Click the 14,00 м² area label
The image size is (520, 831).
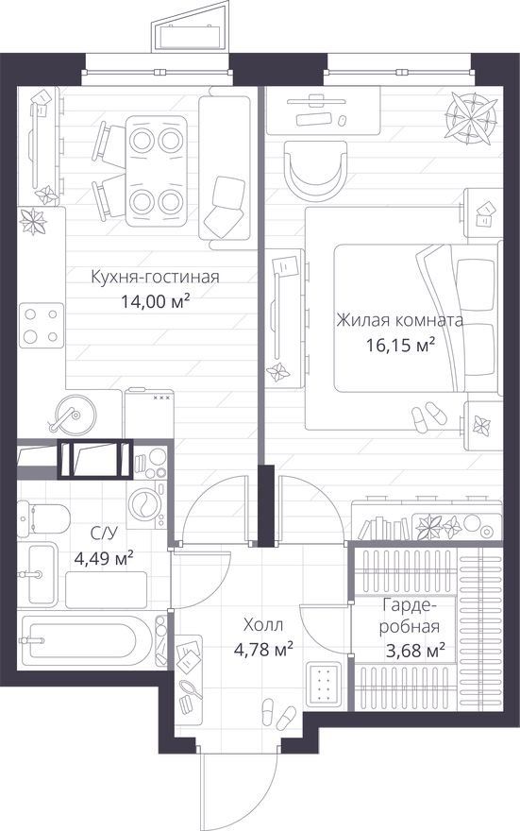155,302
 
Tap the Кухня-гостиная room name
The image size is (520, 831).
155,277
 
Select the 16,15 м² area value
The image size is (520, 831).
401,346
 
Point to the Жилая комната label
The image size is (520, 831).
400,321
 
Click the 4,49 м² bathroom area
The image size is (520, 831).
104,558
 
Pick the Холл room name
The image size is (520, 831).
263,625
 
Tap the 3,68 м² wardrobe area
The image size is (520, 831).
414,650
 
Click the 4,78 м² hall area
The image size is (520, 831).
263,649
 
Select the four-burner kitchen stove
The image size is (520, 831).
42,326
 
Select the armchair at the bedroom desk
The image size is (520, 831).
315,169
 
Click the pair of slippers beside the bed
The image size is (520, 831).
428,417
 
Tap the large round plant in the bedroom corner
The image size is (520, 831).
471,117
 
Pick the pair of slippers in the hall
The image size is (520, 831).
278,714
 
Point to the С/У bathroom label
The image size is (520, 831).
104,534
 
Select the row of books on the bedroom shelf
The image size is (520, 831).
384,528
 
